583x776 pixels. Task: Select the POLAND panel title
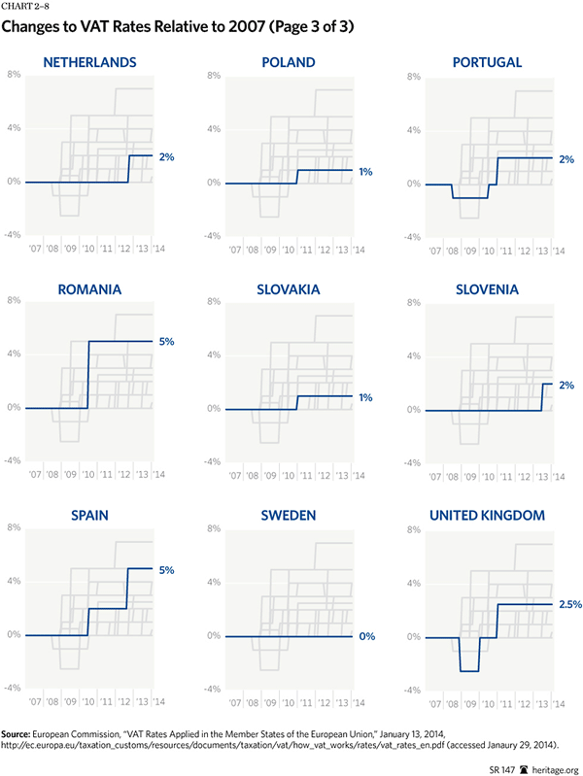pos(289,63)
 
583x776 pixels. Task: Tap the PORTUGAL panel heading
pos(488,63)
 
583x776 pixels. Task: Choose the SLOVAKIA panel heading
pos(289,289)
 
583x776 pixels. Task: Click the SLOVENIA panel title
pos(488,289)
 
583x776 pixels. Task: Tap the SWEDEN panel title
pos(289,515)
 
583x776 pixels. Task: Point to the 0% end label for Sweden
pos(366,636)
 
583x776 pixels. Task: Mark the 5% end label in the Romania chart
pos(167,341)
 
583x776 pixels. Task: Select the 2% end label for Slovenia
pos(566,385)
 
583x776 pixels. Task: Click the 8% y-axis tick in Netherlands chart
pos(15,75)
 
